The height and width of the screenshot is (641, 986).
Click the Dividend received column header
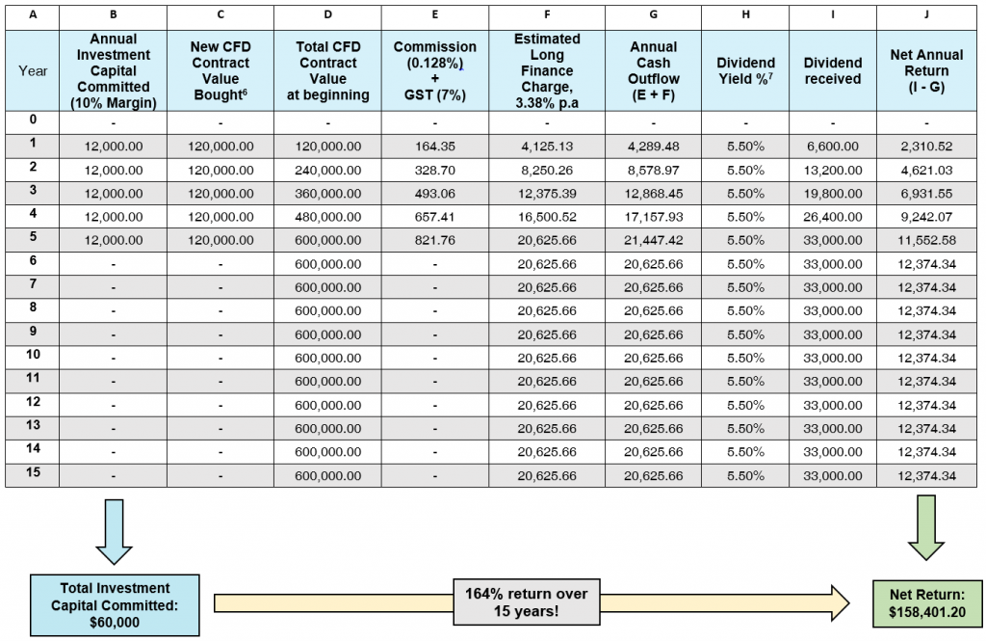point(833,70)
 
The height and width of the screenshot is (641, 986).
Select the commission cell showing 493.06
point(434,194)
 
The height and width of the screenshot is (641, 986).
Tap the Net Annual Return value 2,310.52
point(926,147)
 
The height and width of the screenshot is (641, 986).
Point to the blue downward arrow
point(114,531)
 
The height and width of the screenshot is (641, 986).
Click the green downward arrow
point(926,527)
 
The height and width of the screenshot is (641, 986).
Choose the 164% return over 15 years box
point(527,601)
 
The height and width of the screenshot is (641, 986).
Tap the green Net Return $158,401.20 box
point(927,603)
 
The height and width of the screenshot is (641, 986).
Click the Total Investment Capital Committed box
point(115,605)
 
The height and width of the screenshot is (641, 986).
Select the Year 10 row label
point(33,355)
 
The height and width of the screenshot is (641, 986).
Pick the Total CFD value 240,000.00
point(327,170)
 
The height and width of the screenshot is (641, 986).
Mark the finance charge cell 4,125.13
point(547,147)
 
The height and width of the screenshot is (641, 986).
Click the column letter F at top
point(547,14)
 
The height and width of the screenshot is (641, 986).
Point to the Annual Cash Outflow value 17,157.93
point(654,217)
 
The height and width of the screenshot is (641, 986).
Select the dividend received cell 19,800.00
point(833,194)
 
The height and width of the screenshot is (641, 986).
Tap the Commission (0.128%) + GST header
point(434,70)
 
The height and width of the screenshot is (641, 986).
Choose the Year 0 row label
point(33,119)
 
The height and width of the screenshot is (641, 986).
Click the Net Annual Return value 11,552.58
point(926,240)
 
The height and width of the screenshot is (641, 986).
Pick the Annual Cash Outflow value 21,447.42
point(654,240)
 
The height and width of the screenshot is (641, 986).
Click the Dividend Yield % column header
point(746,70)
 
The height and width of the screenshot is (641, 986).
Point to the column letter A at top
point(33,14)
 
